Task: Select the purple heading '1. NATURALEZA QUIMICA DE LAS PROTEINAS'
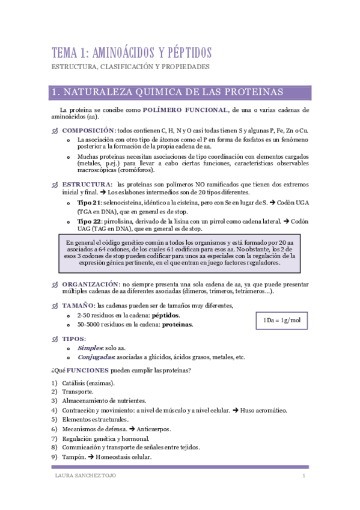(168, 93)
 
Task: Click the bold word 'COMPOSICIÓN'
(88, 131)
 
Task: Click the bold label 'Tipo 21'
(87, 203)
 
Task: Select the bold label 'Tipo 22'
(88, 221)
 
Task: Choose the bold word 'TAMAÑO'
(78, 306)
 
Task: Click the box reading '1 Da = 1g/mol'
(282, 320)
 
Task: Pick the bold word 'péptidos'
(165, 315)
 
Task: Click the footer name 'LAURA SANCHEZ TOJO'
(85, 476)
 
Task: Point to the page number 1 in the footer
(304, 476)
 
